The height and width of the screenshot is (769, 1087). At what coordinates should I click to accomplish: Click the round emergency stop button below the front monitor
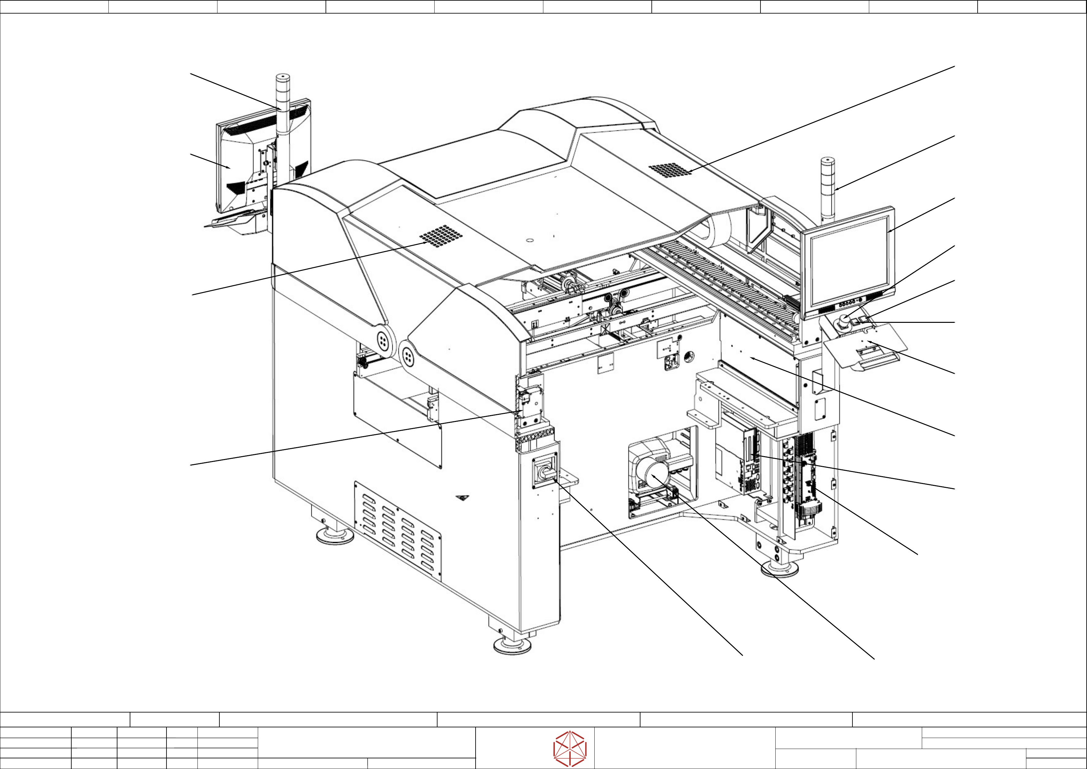pos(844,322)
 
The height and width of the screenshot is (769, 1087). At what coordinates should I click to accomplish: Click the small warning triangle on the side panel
pos(463,497)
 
